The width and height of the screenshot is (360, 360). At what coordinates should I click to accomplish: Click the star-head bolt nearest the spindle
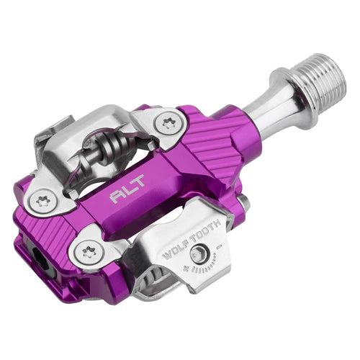168,123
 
